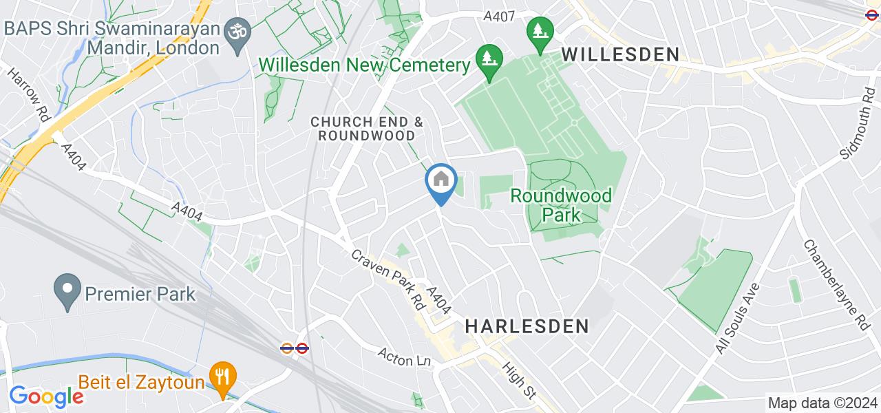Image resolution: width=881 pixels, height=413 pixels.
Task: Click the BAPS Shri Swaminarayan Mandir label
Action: tap(113, 39)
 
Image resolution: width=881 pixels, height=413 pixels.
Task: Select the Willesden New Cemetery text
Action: tap(363, 65)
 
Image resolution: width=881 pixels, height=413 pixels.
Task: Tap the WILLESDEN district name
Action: tap(620, 54)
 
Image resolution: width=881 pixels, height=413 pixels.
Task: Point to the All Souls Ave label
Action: tap(736, 318)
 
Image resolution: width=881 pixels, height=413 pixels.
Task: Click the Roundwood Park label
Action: tap(561, 205)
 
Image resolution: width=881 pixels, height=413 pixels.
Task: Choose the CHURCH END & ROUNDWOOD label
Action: tap(367, 128)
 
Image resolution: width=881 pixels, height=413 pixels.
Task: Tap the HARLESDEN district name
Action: tap(527, 326)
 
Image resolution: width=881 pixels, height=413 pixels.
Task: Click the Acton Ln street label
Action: tap(403, 357)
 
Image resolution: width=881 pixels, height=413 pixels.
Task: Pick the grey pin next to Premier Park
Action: tap(67, 294)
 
